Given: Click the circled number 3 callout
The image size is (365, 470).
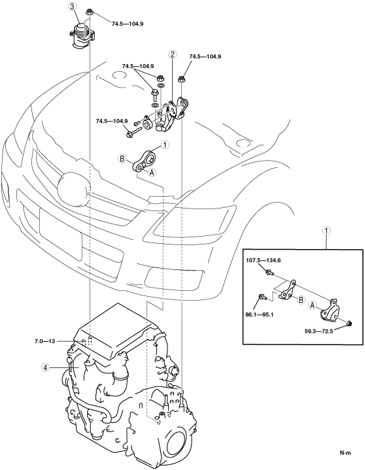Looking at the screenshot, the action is pyautogui.click(x=72, y=7).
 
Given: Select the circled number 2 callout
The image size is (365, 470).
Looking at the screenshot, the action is pyautogui.click(x=173, y=54).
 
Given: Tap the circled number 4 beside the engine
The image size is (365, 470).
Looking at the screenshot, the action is pyautogui.click(x=45, y=367).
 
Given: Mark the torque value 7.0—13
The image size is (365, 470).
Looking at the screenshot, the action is pyautogui.click(x=44, y=341).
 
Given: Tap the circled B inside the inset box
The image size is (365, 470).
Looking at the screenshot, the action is pyautogui.click(x=301, y=299).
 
